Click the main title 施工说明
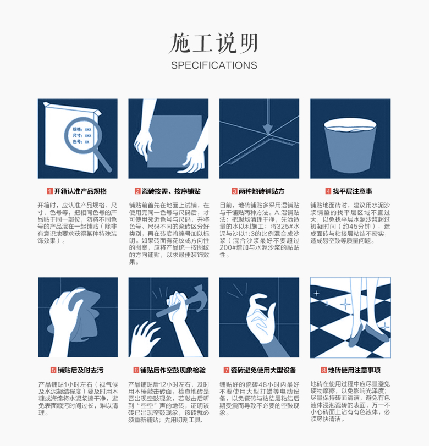pyautogui.click(x=213, y=43)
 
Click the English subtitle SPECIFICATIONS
pyautogui.click(x=214, y=65)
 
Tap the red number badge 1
pyautogui.click(x=50, y=191)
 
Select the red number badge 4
pyautogui.click(x=328, y=191)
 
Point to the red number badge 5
pyautogui.click(x=53, y=370)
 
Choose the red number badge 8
pyautogui.click(x=324, y=370)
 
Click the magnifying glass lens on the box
pyautogui.click(x=81, y=134)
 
